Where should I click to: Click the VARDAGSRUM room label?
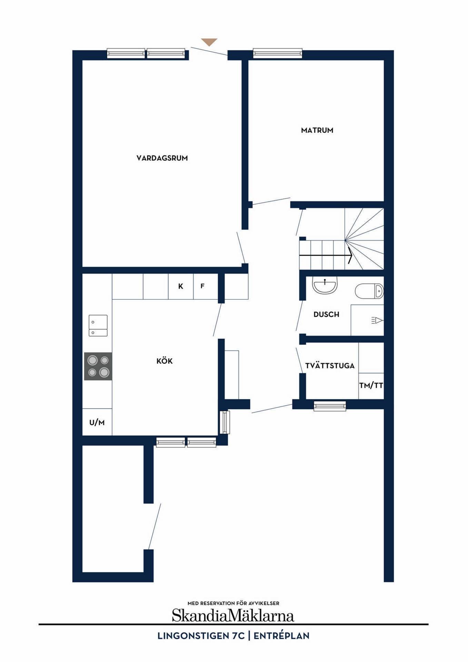point(162,158)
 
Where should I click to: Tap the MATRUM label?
point(317,130)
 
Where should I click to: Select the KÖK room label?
point(165,361)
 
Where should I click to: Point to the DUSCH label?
point(326,314)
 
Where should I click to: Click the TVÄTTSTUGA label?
point(330,365)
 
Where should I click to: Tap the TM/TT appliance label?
point(371,385)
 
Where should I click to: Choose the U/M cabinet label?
point(97,422)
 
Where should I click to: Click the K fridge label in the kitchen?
point(180,286)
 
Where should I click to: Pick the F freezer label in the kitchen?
point(202,286)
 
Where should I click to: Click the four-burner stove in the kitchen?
point(98,366)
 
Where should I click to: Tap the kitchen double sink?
point(98,325)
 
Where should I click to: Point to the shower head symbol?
point(377,320)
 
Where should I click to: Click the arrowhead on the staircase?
point(350,255)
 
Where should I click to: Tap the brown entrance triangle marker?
point(209,42)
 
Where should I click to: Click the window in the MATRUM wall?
point(278,53)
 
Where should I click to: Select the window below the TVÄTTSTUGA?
point(330,406)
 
